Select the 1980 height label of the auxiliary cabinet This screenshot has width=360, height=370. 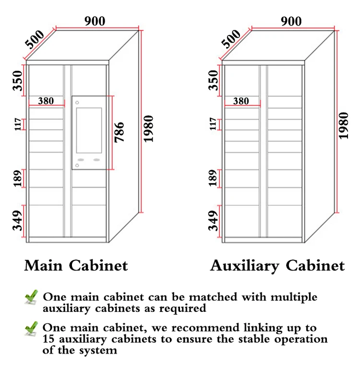pos(343,125)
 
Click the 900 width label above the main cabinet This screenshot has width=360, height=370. pos(95,21)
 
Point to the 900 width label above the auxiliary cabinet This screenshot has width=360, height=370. pos(291,21)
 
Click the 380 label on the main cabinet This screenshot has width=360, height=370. pos(46,101)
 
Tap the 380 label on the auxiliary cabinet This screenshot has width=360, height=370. pos(241,101)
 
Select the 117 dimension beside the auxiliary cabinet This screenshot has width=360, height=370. pos(213,124)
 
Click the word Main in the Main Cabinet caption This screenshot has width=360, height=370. pos(45,265)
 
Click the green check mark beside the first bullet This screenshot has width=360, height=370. pos(31,297)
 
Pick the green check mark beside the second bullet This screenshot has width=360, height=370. pos(31,329)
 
